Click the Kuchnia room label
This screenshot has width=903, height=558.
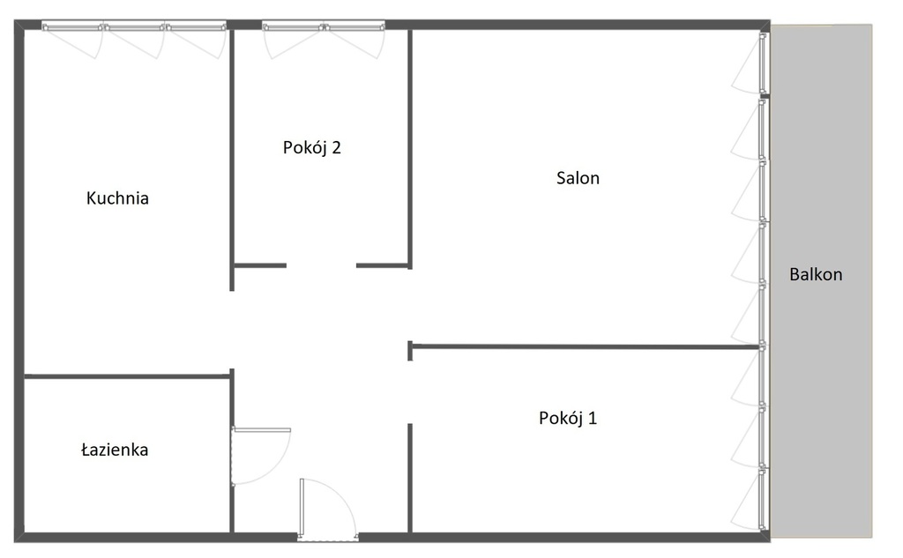point(117,198)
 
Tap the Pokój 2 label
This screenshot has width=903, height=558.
point(311,147)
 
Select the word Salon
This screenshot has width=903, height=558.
point(578,178)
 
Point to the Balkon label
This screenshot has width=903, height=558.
point(816,274)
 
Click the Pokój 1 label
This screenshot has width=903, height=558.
point(568,418)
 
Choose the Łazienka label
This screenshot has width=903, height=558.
point(115,450)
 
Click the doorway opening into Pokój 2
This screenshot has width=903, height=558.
point(321,265)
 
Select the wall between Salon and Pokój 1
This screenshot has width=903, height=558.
point(586,346)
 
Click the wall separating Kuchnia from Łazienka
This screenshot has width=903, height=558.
point(127,376)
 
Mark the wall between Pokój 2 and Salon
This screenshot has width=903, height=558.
point(410,149)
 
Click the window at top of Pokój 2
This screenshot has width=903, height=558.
point(323,26)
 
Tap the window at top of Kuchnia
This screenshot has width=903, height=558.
point(134,26)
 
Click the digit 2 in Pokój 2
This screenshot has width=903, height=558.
point(336,148)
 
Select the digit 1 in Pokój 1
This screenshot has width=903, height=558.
point(593,418)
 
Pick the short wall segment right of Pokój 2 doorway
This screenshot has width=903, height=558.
point(383,265)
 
